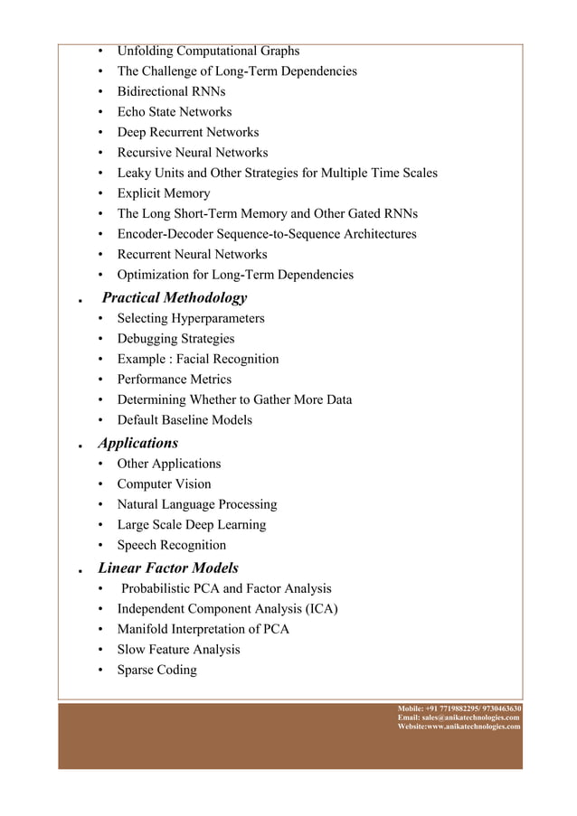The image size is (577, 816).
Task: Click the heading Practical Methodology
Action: point(174,297)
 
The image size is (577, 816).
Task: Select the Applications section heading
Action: point(137,443)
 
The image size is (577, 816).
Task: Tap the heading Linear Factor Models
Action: point(168,567)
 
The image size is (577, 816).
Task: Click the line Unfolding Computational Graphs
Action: point(208,51)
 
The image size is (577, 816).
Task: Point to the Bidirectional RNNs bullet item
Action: point(171,91)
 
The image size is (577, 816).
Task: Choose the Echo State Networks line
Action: point(174,112)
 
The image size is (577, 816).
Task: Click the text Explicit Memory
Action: point(163,193)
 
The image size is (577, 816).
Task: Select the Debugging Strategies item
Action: point(175,339)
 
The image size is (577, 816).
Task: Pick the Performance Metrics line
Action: point(174,380)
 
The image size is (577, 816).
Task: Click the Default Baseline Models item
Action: point(184,420)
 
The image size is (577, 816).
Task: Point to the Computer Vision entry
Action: point(164,484)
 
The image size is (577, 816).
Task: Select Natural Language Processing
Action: point(196,504)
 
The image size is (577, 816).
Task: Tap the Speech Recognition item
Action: point(171,545)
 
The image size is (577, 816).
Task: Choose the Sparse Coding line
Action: point(156,671)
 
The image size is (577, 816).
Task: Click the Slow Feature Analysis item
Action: point(178,650)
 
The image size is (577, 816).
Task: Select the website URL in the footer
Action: point(480,726)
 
